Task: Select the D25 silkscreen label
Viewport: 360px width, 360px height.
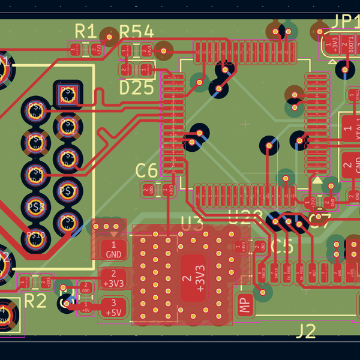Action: click(137, 88)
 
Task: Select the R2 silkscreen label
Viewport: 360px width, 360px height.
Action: click(35, 300)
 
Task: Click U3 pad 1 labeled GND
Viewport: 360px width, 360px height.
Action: click(113, 249)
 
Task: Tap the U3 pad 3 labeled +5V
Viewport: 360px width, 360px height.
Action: click(113, 308)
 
